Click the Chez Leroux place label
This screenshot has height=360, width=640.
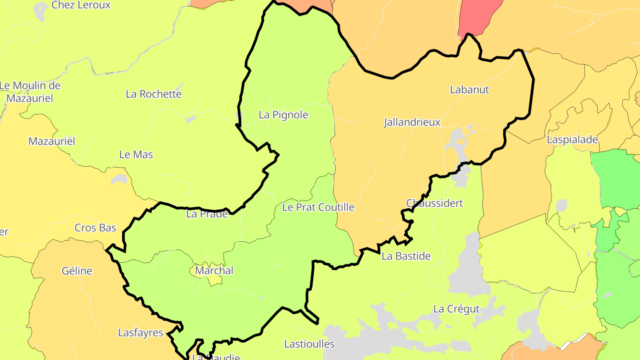[81, 5]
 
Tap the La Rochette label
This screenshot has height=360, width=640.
[154, 94]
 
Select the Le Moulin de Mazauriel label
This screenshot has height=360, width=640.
[30, 92]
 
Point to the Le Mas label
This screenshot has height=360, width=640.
[136, 155]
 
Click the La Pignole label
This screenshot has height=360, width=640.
[283, 115]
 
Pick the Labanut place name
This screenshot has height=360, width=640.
[469, 90]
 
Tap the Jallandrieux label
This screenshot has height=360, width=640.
[412, 123]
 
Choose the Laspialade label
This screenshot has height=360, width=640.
[572, 140]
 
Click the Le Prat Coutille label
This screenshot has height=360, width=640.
[318, 207]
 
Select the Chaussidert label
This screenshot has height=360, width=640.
[435, 203]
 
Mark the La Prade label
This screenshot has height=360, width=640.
[207, 214]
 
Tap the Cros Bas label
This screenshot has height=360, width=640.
[95, 228]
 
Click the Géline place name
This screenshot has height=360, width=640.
[77, 271]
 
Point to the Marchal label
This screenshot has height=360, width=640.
[214, 270]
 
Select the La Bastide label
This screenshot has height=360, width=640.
[406, 256]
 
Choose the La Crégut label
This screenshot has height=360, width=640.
[456, 309]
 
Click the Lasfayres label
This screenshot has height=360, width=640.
[140, 332]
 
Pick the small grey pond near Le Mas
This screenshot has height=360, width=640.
[119, 179]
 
